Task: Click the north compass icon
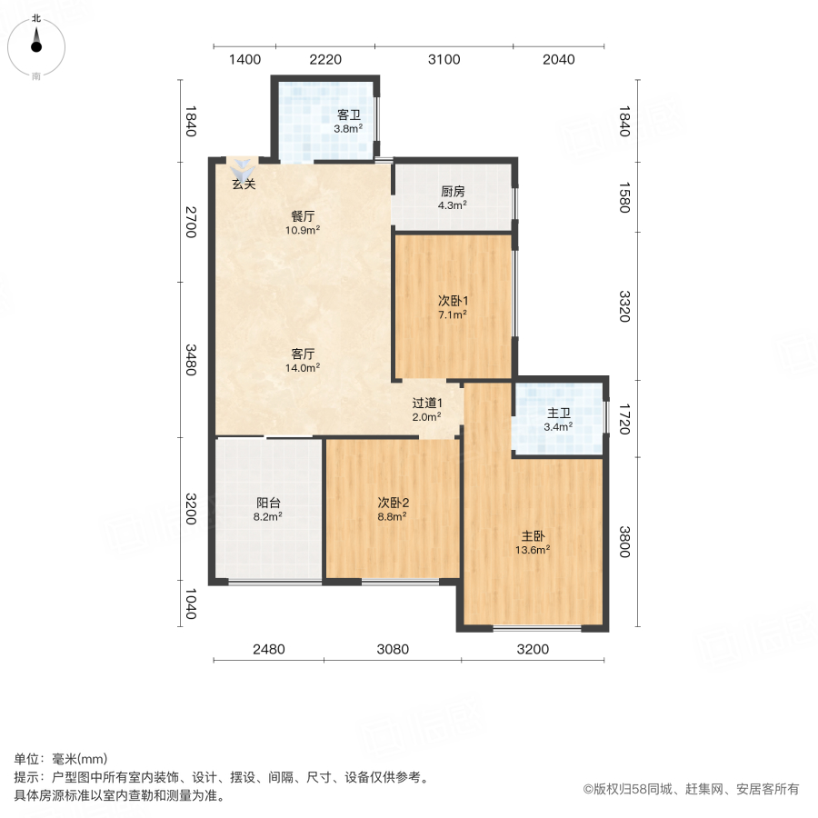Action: click(x=36, y=42)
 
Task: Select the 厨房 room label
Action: click(x=453, y=192)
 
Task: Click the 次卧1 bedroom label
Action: click(x=453, y=301)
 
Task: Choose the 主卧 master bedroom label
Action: click(x=534, y=536)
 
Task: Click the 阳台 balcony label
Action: click(x=268, y=502)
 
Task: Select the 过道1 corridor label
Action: click(x=426, y=404)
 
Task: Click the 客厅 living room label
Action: click(x=304, y=354)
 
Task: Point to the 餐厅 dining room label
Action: click(x=304, y=216)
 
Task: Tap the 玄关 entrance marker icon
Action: click(x=243, y=168)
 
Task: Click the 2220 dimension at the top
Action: click(x=325, y=60)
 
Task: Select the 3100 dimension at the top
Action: click(x=444, y=60)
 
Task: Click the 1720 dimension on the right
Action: click(x=623, y=418)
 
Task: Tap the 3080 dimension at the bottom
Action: click(x=393, y=649)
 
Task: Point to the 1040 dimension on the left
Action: click(x=190, y=604)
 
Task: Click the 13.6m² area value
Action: click(x=534, y=550)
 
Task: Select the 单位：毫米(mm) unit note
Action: click(x=61, y=759)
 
